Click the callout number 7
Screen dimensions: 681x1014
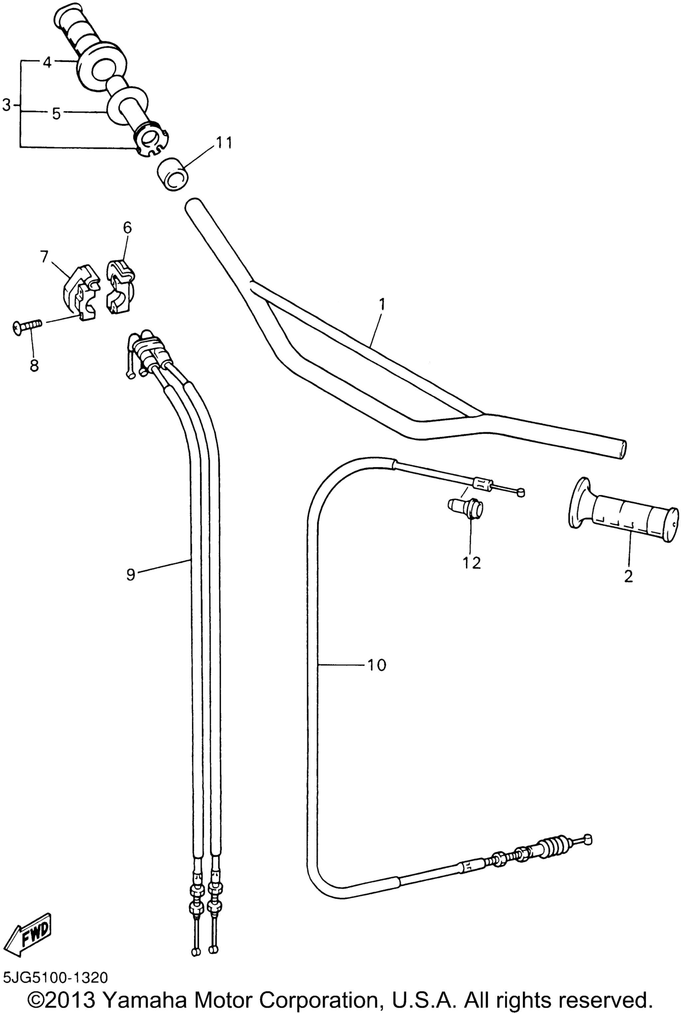point(44,258)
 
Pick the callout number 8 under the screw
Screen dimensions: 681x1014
point(34,365)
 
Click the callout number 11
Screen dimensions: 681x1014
point(223,142)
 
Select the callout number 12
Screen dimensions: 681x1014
point(472,563)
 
